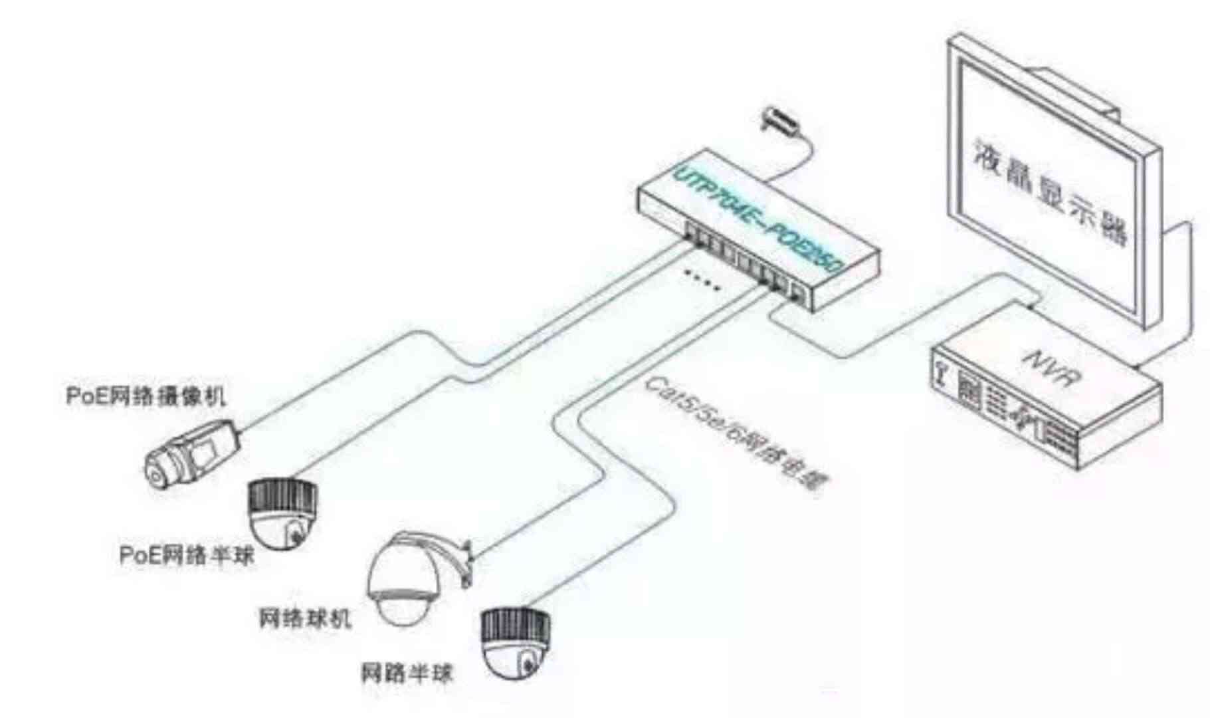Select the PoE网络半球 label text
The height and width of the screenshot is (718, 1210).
[x=187, y=554]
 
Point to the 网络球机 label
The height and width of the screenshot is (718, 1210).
[x=304, y=618]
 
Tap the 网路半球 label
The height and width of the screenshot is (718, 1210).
[x=407, y=673]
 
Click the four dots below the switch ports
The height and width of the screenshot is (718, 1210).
[x=702, y=280]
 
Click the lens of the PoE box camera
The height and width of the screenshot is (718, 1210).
[x=155, y=475]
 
